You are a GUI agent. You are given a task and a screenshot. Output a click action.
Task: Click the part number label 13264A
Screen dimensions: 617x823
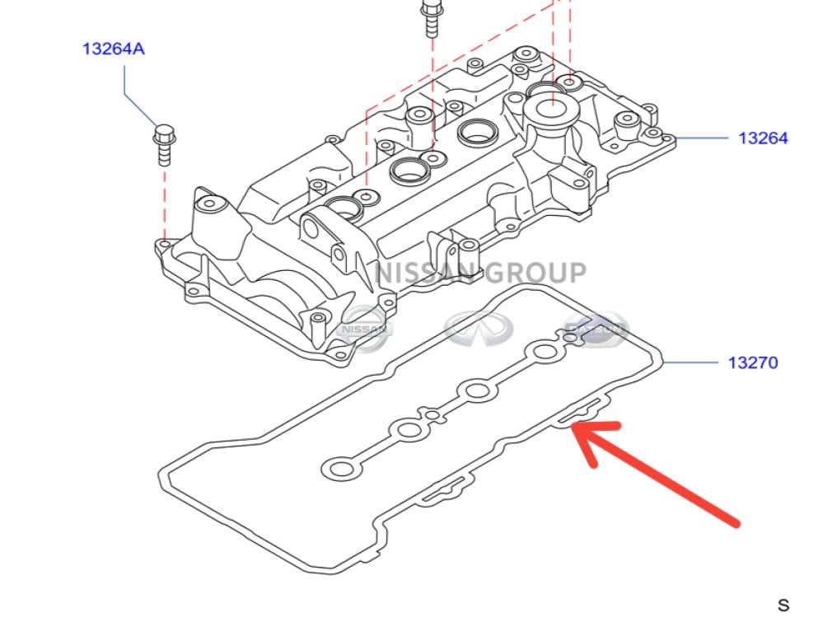click(x=113, y=49)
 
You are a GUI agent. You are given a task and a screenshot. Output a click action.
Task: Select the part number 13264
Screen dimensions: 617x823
click(x=763, y=138)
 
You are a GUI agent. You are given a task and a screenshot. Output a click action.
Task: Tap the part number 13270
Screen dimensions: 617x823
click(x=752, y=362)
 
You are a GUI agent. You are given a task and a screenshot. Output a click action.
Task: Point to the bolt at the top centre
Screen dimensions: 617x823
click(x=431, y=17)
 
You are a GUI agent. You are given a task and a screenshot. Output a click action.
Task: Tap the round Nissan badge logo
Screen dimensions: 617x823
click(x=365, y=328)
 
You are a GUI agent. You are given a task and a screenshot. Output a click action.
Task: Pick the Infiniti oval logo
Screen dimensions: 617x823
click(x=478, y=327)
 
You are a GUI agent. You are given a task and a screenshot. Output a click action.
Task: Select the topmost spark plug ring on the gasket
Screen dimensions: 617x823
click(x=545, y=353)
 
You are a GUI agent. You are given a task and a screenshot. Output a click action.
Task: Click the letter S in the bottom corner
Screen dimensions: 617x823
click(x=783, y=604)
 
